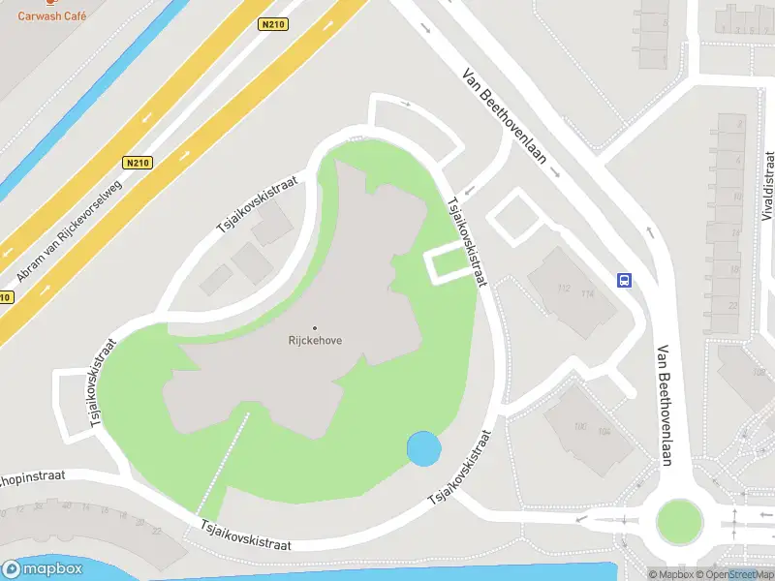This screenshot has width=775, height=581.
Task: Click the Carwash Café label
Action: pyautogui.click(x=51, y=16)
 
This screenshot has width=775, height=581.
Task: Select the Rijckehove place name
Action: pyautogui.click(x=316, y=341)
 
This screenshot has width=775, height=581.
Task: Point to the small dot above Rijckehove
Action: pyautogui.click(x=316, y=327)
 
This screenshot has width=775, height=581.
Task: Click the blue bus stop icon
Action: pyautogui.click(x=625, y=281)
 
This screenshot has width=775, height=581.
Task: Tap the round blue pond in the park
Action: pyautogui.click(x=424, y=448)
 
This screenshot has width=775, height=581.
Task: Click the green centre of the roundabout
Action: pyautogui.click(x=678, y=520)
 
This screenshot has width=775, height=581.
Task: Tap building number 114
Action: pyautogui.click(x=586, y=293)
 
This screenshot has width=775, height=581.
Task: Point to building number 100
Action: pyautogui.click(x=580, y=427)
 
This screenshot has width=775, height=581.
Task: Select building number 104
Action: pyautogui.click(x=605, y=432)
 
